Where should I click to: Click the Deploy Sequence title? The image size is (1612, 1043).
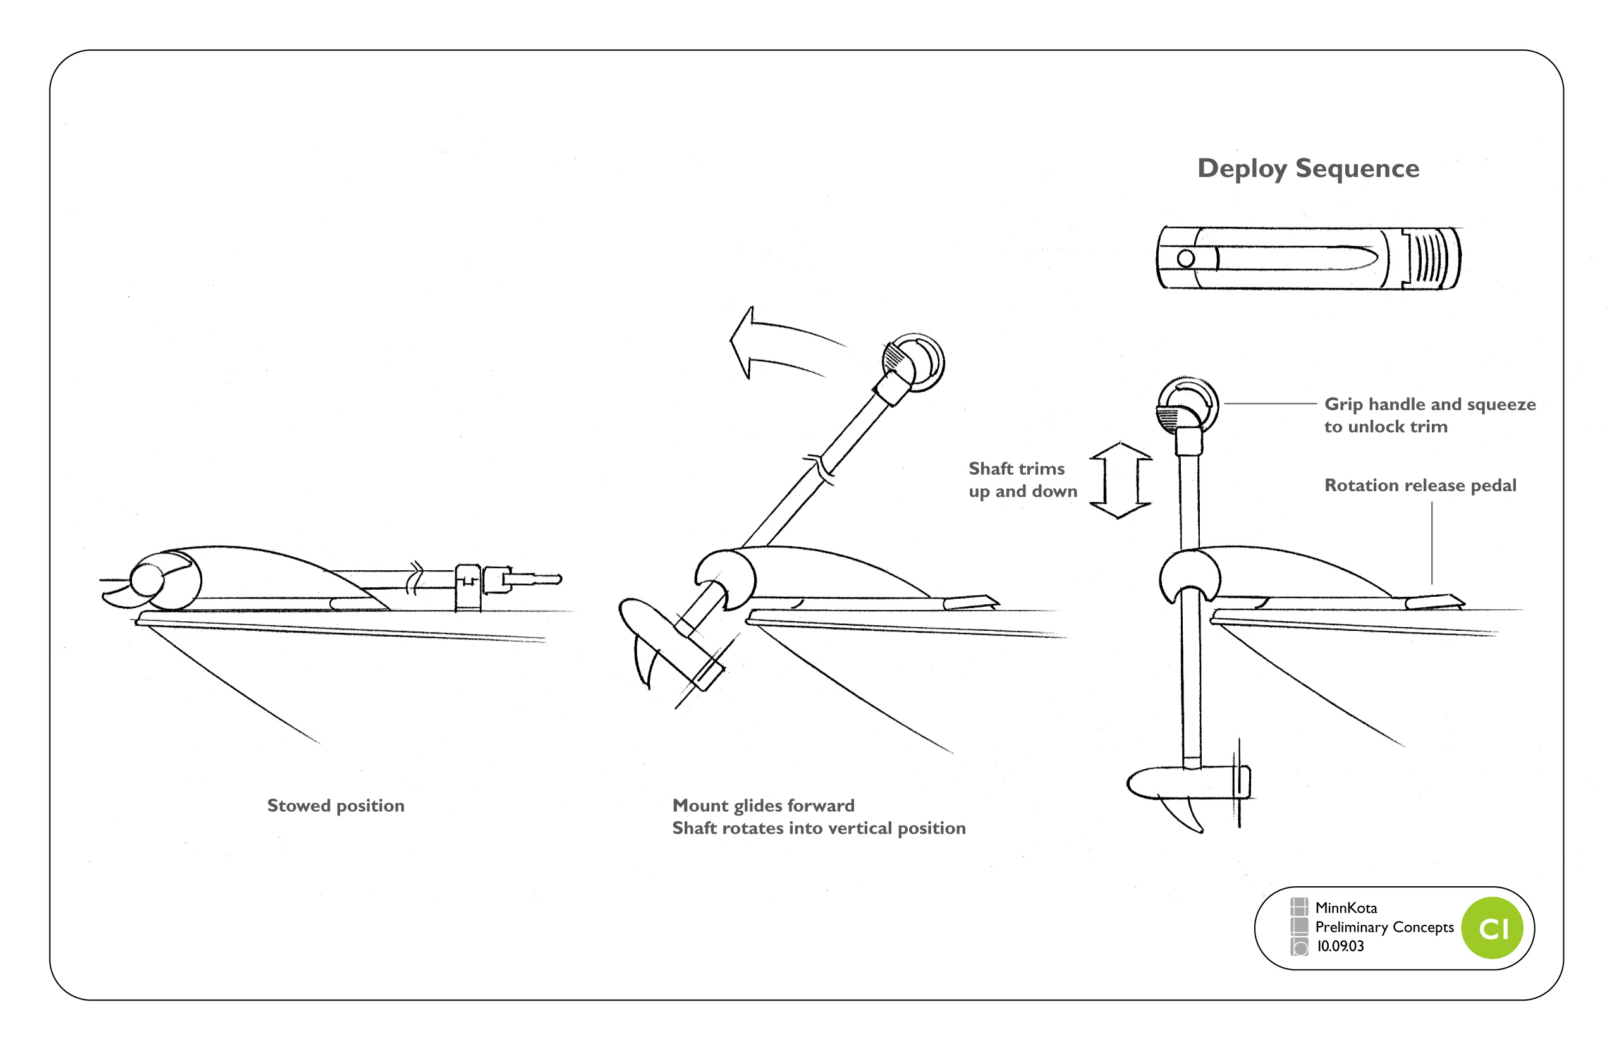click(x=1308, y=168)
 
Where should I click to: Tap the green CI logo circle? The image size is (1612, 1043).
click(x=1492, y=928)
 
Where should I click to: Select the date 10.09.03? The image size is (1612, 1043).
click(x=1340, y=946)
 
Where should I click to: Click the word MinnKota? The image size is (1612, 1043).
click(x=1346, y=908)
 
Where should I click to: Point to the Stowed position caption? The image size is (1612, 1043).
click(x=335, y=805)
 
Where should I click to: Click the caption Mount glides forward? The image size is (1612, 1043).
click(x=764, y=805)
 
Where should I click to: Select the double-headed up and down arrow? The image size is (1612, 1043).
click(x=1120, y=480)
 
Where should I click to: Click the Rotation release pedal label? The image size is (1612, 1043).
click(x=1420, y=485)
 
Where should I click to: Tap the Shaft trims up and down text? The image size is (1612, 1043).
click(x=1022, y=480)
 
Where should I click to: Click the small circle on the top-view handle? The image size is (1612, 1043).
click(x=1185, y=258)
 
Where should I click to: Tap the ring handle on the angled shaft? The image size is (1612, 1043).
click(x=914, y=362)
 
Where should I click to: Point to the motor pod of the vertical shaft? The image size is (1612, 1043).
click(x=1185, y=784)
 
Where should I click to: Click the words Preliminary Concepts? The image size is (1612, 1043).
click(x=1384, y=927)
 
